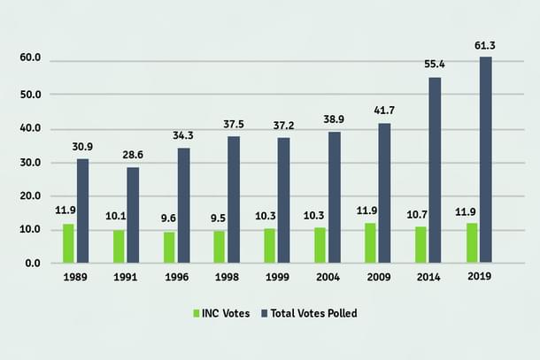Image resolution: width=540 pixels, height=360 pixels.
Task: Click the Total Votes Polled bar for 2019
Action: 486,160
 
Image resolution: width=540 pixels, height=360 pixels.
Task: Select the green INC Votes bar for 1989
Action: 68,243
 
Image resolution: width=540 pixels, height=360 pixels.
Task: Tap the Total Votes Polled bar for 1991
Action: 133,215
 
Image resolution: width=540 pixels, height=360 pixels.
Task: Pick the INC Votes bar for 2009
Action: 371,243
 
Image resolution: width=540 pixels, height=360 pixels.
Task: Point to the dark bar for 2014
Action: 435,170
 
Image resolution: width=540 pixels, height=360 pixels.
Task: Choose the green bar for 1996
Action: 169,248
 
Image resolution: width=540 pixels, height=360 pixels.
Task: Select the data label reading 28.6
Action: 134,156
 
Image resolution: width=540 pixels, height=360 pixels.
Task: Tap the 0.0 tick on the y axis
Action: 33,264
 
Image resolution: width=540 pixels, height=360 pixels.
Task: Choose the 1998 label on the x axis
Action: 226,278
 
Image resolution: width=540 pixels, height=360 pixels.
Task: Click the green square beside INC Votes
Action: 197,314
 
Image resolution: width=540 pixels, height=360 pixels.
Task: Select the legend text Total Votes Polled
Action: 313,314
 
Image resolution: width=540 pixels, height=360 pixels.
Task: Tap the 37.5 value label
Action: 234,124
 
